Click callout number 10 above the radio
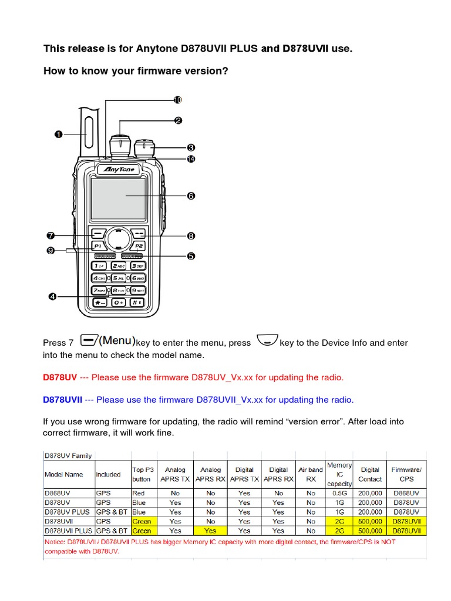178,100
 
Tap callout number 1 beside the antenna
59,134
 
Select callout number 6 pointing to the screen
191,196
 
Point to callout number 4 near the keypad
52,297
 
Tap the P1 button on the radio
98,245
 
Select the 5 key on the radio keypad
119,278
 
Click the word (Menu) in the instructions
117,341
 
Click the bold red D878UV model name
60,377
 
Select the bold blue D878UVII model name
62,400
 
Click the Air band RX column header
311,474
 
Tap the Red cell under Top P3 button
139,494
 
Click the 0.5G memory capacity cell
339,494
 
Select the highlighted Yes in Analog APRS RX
210,531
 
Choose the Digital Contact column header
370,474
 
